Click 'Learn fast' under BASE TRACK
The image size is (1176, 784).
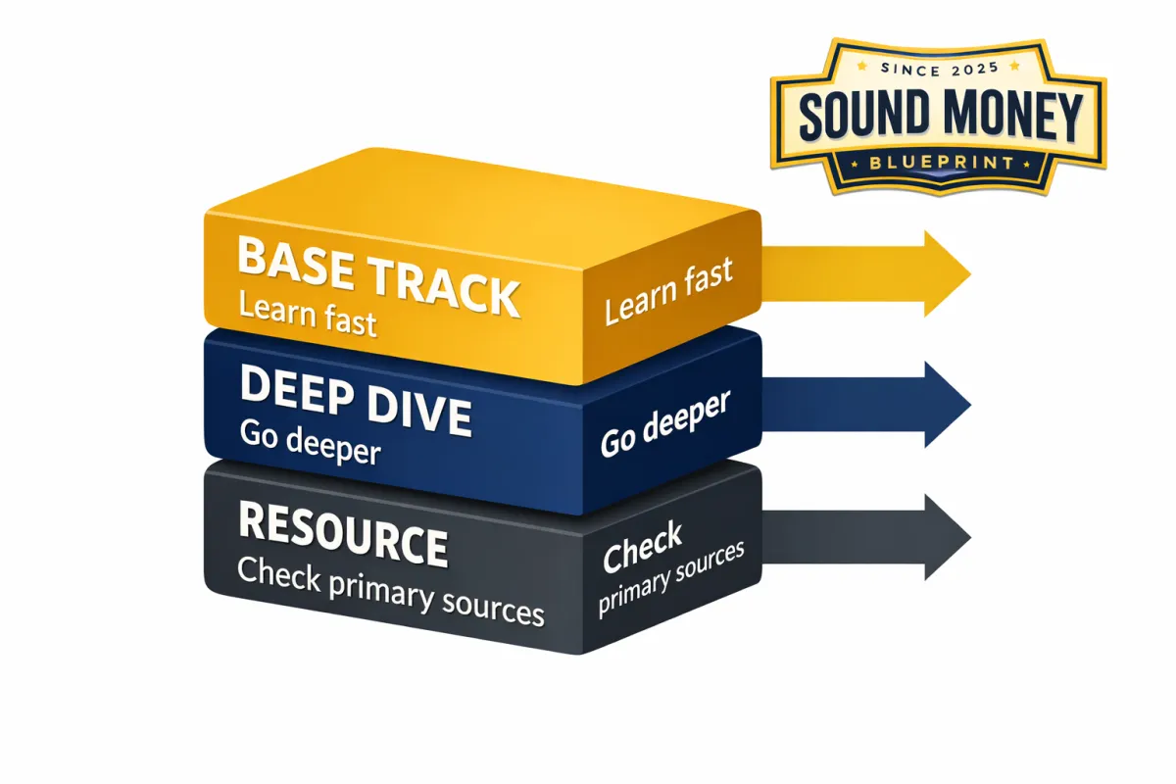click(x=308, y=316)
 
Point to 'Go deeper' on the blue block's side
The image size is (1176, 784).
click(x=665, y=424)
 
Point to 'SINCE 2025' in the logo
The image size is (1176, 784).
click(x=939, y=69)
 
